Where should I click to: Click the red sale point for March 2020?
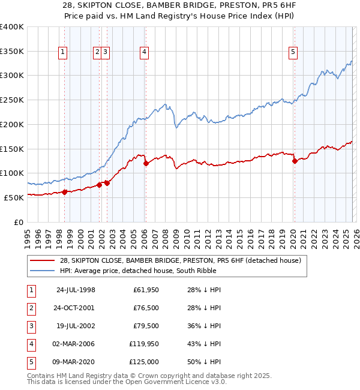tap(295, 161)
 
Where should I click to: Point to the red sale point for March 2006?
tap(146, 163)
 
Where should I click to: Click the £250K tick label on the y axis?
tap(12, 100)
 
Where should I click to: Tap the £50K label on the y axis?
tap(14, 197)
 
